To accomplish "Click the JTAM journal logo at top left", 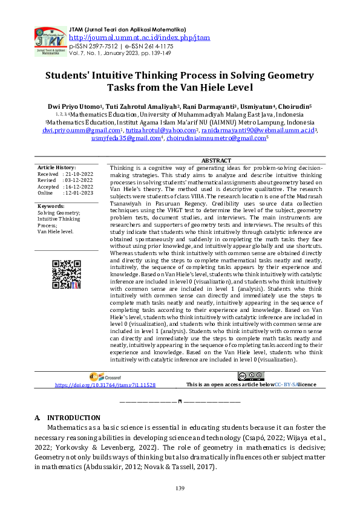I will (x=49, y=41).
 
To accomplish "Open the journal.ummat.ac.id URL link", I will (x=139, y=37).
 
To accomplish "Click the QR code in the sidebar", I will (x=66, y=275).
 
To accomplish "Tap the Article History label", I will (x=56, y=167).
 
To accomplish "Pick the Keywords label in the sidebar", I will (x=51, y=207).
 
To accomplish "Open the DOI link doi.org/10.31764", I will (x=105, y=384).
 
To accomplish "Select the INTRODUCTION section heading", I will (x=73, y=418).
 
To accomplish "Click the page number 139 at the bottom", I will (x=180, y=488).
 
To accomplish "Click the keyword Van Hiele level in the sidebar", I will (x=56, y=232).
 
